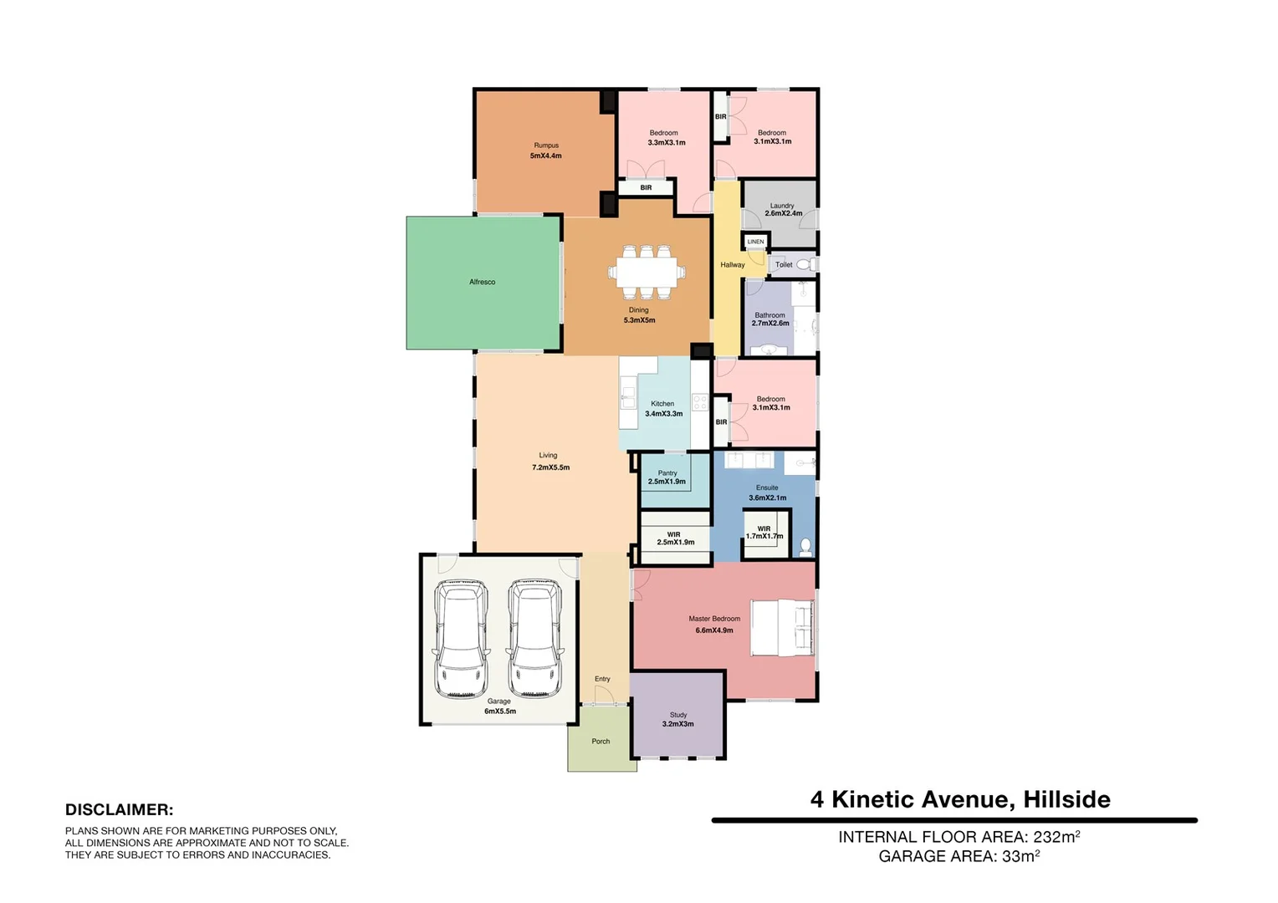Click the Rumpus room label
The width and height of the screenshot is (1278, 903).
click(x=546, y=145)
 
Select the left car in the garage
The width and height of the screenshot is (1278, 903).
click(x=461, y=639)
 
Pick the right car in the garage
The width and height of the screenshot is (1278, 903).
click(x=534, y=639)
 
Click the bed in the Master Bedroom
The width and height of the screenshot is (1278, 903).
click(x=782, y=627)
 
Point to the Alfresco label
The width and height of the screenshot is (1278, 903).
click(x=482, y=283)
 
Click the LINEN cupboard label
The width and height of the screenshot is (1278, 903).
click(x=755, y=242)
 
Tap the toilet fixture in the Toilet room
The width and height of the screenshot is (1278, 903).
click(x=805, y=264)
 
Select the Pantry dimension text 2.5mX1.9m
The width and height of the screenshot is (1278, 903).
click(x=667, y=482)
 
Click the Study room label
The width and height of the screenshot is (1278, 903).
click(x=678, y=715)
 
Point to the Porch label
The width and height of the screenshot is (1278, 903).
click(x=601, y=742)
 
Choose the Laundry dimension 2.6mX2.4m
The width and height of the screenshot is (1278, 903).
click(x=783, y=214)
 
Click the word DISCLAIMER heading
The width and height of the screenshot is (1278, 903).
click(x=119, y=809)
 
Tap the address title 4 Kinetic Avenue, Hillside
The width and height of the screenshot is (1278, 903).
click(x=960, y=799)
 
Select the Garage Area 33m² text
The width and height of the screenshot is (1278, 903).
click(x=958, y=856)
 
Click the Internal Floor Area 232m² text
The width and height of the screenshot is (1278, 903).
click(x=958, y=837)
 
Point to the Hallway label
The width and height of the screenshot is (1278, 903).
click(x=733, y=265)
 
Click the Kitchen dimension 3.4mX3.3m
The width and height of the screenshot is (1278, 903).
click(x=663, y=414)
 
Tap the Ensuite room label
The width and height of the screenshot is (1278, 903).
click(x=767, y=487)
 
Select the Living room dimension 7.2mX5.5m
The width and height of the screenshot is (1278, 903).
click(x=550, y=467)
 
